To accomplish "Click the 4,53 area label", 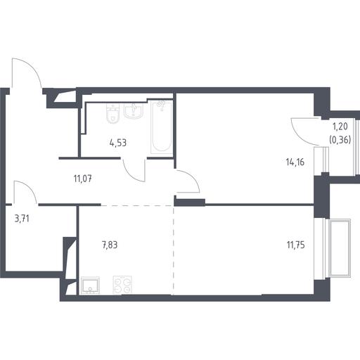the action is (118, 143).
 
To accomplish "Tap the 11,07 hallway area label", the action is (83, 179).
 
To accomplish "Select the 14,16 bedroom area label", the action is (295, 162).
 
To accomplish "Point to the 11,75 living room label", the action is (296, 245).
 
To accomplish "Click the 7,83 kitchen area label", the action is (110, 245).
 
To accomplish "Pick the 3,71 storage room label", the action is (22, 219).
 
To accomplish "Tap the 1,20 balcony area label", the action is (340, 127).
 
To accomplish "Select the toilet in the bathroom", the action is (113, 113).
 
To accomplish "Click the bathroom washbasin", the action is (133, 110).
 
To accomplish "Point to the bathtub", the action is (161, 127).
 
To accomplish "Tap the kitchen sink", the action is (90, 285).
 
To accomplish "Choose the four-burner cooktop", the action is (122, 285).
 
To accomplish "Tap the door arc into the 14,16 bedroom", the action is (191, 177).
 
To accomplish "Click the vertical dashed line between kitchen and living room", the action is (174, 250).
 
